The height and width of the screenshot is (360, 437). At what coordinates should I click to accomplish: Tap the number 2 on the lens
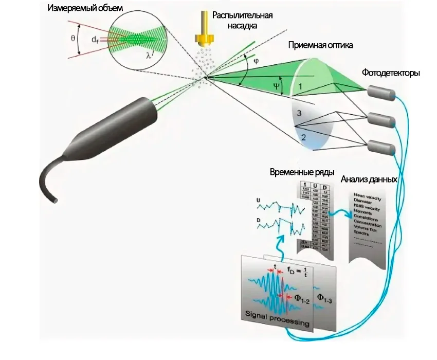click(x=303, y=138)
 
